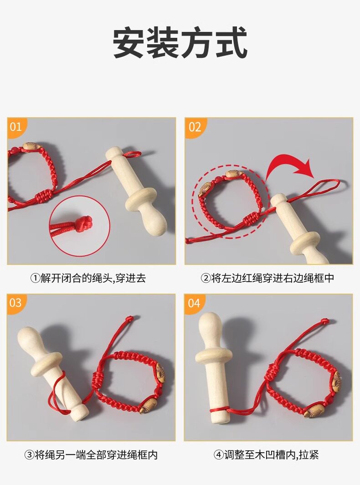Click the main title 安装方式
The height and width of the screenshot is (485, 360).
click(x=180, y=43)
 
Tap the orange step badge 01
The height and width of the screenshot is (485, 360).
click(x=16, y=127)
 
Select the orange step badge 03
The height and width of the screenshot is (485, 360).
click(x=16, y=303)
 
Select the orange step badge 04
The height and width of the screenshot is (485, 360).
click(x=194, y=303)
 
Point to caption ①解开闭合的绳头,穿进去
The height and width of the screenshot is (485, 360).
click(x=88, y=278)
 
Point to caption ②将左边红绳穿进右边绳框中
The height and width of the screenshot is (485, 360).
click(x=267, y=278)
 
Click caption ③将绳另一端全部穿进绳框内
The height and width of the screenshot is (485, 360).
click(x=91, y=455)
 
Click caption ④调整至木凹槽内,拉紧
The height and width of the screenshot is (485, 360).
click(x=266, y=455)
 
